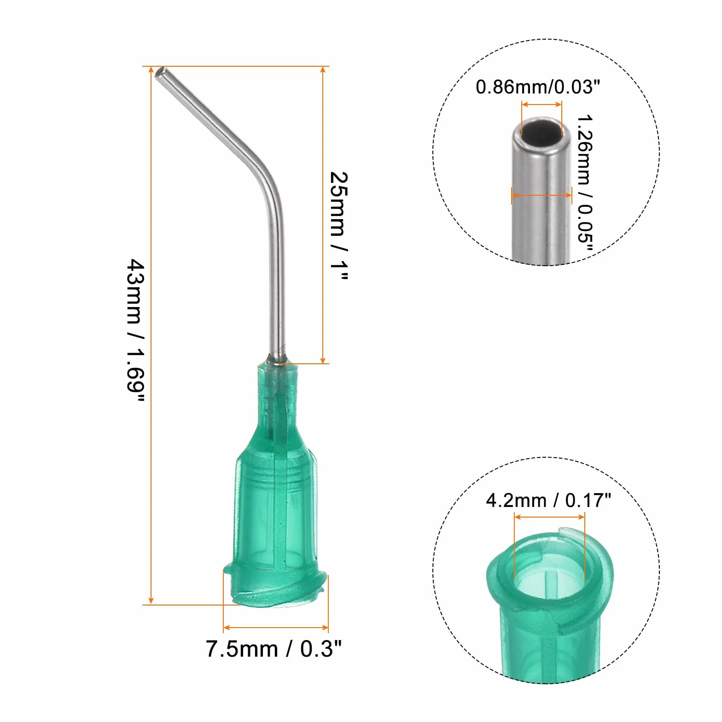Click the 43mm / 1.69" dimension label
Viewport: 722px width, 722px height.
[136, 330]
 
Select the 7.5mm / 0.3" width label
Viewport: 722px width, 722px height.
[274, 649]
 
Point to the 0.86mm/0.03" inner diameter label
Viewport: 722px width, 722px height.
[538, 87]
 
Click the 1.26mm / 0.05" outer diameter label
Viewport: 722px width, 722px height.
[585, 184]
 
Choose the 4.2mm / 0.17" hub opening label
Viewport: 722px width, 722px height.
[548, 500]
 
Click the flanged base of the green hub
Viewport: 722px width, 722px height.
[275, 587]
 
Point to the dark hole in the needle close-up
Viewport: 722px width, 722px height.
[542, 131]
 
